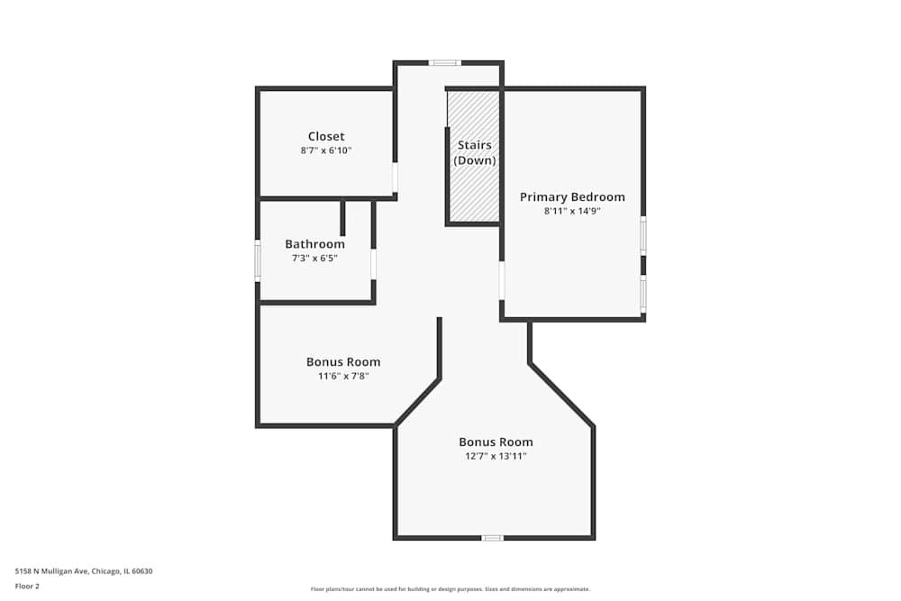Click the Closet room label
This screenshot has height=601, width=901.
tap(326, 137)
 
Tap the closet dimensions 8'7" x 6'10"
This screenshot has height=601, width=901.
tap(326, 151)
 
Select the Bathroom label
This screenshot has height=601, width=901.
tap(314, 244)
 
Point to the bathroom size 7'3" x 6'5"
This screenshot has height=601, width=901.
tap(314, 258)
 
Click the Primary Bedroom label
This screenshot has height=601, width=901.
tap(572, 197)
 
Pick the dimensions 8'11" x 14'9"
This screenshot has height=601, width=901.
tap(572, 211)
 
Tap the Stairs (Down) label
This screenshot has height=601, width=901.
tap(475, 152)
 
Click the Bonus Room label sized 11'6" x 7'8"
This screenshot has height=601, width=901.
tap(343, 362)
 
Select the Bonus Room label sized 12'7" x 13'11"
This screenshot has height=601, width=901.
tap(496, 442)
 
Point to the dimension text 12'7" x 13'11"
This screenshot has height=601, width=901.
tap(496, 456)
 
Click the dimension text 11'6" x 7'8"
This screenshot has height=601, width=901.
tap(343, 376)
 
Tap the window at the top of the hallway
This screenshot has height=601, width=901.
tap(444, 63)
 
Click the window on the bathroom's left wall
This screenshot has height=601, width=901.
tap(258, 260)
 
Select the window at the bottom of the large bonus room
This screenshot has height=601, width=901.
tap(492, 538)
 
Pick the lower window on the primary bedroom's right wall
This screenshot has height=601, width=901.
tap(643, 294)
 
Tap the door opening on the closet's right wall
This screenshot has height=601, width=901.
tap(395, 177)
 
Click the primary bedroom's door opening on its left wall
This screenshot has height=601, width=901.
tap(502, 280)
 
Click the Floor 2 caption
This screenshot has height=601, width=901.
tap(27, 586)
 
